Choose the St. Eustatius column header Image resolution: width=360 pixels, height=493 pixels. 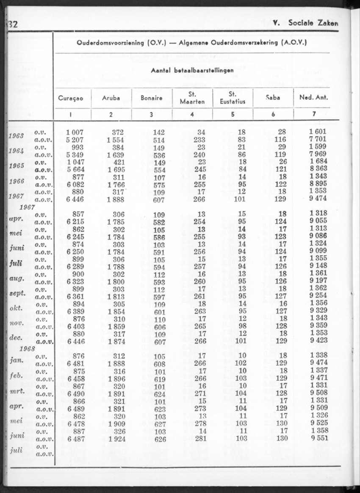(x=232, y=98)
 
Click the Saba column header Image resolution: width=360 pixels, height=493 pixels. (x=273, y=98)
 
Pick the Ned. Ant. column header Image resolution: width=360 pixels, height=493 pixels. (x=312, y=98)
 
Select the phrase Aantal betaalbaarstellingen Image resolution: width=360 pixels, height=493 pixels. (x=192, y=72)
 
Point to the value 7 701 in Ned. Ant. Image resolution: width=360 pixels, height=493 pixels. (x=319, y=139)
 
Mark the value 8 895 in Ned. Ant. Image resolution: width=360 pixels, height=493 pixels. (x=319, y=184)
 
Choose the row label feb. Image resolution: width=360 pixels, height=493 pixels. (x=17, y=375)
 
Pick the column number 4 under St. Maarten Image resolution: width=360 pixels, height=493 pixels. (x=192, y=114)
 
